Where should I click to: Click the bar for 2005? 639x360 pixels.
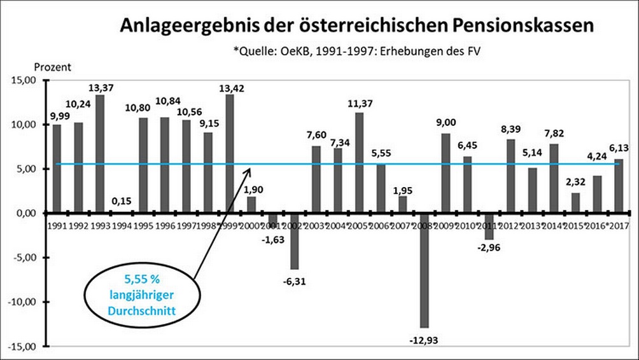pyautogui.click(x=360, y=163)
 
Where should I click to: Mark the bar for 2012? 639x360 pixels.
pyautogui.click(x=510, y=176)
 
